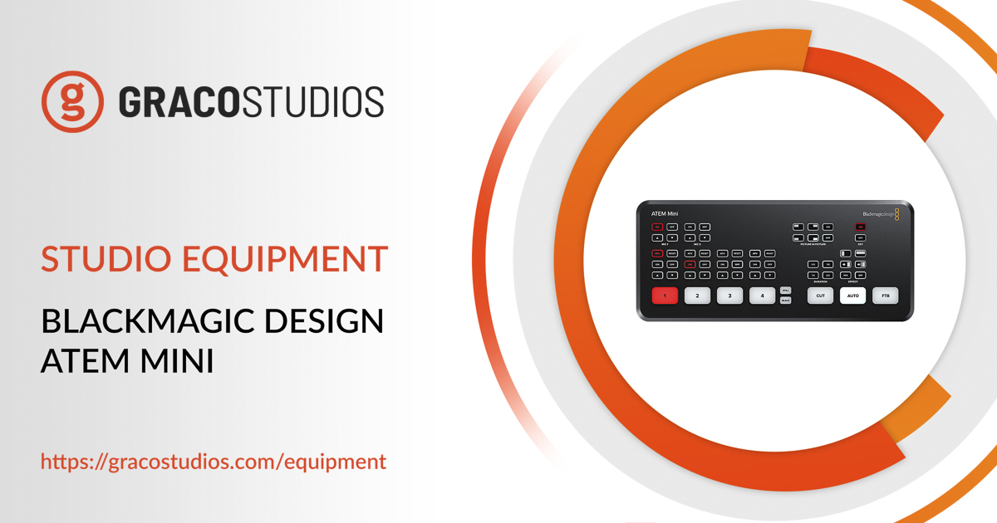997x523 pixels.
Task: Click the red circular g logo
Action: pos(73,101)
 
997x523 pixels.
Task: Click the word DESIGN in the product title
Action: pos(332,322)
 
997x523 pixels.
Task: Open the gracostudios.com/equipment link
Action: pos(214,462)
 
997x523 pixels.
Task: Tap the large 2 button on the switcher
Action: pos(697,295)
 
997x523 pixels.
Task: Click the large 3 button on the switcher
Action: pos(729,295)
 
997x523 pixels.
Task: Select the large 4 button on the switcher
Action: pos(762,295)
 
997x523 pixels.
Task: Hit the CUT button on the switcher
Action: pos(820,295)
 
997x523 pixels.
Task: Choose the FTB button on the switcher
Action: pos(885,295)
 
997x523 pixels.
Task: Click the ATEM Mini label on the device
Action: pos(664,214)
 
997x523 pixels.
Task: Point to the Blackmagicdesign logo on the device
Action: pos(880,214)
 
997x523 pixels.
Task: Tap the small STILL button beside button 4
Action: pos(785,290)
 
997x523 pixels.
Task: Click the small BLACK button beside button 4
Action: pos(785,301)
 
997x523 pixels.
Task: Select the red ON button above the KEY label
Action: pos(860,227)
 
